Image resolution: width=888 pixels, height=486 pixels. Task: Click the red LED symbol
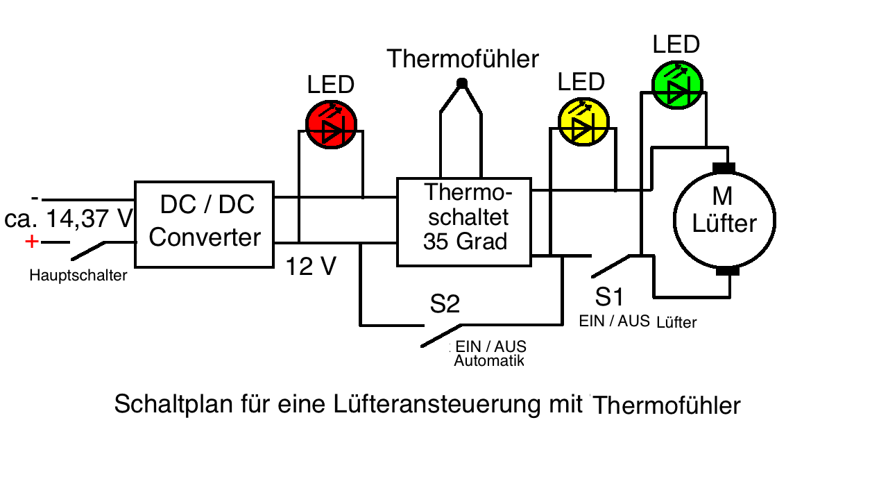click(x=331, y=125)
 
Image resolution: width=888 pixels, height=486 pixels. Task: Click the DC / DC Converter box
click(x=205, y=224)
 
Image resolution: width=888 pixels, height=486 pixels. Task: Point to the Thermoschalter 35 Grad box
click(x=464, y=221)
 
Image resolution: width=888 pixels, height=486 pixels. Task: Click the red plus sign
click(x=31, y=241)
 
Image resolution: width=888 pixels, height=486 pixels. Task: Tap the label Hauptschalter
click(x=78, y=276)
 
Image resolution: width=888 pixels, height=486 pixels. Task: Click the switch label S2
click(x=445, y=303)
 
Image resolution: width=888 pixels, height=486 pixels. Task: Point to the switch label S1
click(x=610, y=297)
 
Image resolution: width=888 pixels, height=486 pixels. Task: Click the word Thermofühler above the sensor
click(x=463, y=59)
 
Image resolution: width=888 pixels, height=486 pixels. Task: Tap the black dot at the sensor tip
click(x=462, y=83)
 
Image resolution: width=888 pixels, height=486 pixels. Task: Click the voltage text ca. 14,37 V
click(x=68, y=219)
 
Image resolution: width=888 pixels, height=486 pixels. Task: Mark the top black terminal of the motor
click(x=724, y=169)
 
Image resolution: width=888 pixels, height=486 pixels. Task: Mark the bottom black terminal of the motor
click(x=726, y=270)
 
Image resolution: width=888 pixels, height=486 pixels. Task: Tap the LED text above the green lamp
click(x=676, y=45)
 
